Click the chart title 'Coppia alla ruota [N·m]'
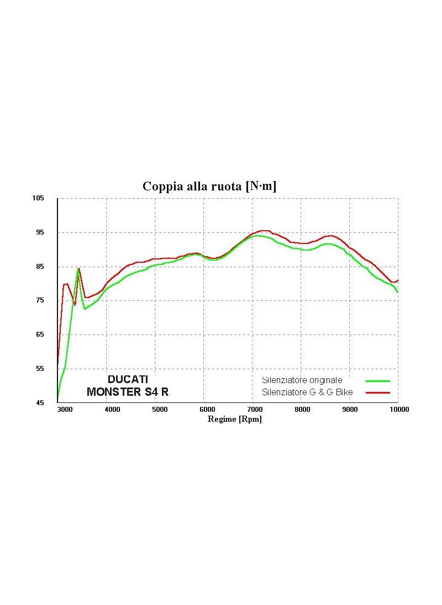tap(209, 186)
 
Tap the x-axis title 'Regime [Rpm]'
tap(234, 419)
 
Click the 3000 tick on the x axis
tap(65, 410)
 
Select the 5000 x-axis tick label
tap(160, 410)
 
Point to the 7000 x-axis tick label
tap(255, 410)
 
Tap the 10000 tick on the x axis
tap(399, 410)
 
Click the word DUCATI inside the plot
tap(128, 380)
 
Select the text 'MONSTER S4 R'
tap(128, 392)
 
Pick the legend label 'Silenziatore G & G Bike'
tap(307, 392)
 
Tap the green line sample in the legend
tap(378, 381)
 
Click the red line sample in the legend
tap(378, 392)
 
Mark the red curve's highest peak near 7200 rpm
tap(265, 230)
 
